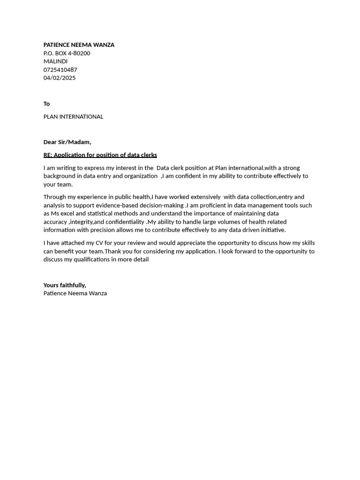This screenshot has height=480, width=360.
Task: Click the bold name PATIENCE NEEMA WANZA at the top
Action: [79, 45]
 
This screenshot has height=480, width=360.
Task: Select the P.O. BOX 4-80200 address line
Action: [67, 53]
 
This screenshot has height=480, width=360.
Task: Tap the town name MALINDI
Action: [55, 61]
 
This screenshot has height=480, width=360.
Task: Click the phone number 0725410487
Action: [60, 70]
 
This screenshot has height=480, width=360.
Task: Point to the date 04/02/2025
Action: [60, 78]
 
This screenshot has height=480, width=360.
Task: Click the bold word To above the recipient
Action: [46, 104]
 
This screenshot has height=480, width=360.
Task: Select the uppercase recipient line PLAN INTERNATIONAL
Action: [73, 117]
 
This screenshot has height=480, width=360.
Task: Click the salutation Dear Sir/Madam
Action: [67, 142]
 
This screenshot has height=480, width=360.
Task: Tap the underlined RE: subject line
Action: [100, 155]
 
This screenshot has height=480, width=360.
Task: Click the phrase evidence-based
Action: [117, 205]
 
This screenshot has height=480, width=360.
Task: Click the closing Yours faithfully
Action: [65, 285]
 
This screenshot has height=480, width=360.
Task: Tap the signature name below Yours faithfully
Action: [75, 293]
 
